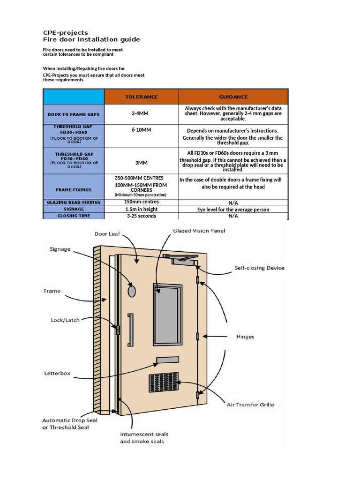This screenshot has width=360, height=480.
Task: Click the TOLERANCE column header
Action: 141,97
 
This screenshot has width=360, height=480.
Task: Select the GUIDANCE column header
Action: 233,97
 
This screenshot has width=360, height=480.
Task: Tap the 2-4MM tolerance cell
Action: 141,114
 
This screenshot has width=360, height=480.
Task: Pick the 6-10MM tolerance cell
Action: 141,129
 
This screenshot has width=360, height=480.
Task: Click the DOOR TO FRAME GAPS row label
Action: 73,114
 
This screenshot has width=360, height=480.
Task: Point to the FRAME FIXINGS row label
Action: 73,190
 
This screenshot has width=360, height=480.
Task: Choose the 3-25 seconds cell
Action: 141,216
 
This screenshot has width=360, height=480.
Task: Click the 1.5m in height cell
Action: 141,210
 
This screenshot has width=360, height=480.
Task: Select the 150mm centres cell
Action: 141,202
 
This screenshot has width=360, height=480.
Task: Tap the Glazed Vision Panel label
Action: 199,231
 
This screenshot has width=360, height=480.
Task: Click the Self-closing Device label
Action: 259,268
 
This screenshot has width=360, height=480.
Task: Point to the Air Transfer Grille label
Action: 250,405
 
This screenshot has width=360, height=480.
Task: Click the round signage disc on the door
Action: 132,291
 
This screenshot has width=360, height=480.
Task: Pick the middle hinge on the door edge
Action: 198,336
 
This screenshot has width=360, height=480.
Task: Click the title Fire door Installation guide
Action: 91,39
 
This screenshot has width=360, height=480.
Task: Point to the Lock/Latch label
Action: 65,320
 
